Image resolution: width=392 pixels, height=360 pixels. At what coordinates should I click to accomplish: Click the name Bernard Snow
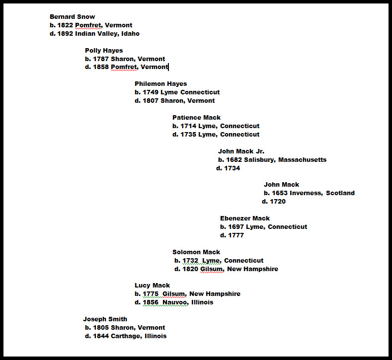tap(72, 17)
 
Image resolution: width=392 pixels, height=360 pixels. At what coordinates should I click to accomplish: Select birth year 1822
tap(65, 25)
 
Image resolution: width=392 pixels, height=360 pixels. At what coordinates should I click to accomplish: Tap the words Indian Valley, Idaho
tap(107, 34)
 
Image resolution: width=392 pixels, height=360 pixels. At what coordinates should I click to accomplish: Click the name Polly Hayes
tap(104, 51)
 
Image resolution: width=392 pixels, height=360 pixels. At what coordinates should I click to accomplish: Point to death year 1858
tap(101, 67)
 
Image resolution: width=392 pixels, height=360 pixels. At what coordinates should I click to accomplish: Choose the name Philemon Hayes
tap(161, 84)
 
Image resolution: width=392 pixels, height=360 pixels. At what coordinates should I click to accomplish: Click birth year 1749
tap(151, 92)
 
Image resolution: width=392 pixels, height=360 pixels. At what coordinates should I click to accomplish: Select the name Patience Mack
tap(197, 117)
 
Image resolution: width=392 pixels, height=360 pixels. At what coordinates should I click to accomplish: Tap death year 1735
tap(188, 135)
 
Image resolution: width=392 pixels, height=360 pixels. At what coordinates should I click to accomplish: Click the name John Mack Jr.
tap(241, 151)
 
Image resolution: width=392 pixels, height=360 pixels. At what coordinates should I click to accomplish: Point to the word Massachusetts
tap(303, 159)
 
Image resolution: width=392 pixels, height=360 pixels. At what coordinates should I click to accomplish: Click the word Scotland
tap(340, 193)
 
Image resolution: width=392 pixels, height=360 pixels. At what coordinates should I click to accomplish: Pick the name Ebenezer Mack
tap(245, 218)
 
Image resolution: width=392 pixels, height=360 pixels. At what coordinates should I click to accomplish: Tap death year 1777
tap(236, 235)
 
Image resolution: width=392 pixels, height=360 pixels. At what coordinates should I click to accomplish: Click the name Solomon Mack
tap(196, 252)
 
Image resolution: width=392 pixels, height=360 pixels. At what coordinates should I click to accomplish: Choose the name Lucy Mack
tap(152, 286)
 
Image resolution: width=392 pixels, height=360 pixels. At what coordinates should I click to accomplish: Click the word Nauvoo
tap(175, 302)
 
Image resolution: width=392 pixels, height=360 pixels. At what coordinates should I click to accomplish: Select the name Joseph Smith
tap(105, 319)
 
